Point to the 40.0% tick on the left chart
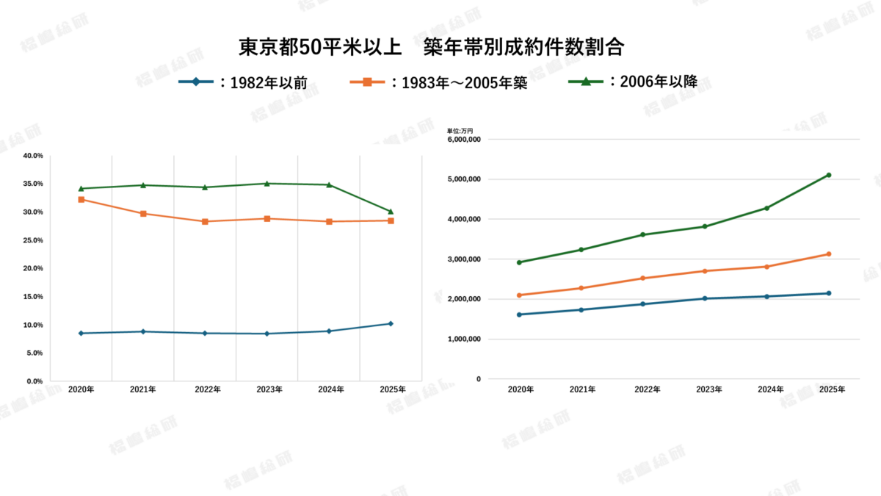coord(33,156)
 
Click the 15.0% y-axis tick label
coord(33,297)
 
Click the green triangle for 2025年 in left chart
coord(391,212)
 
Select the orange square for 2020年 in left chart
coord(81,199)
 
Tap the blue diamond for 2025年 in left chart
coord(391,323)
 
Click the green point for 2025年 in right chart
coord(829,175)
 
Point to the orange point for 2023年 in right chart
coord(705,271)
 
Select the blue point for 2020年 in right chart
coord(519,315)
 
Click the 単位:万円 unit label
coord(460,130)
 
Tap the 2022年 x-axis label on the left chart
coord(205,389)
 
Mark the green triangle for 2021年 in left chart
coord(143,185)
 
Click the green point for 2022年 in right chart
coord(643,234)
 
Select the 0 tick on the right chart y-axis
coord(478,379)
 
